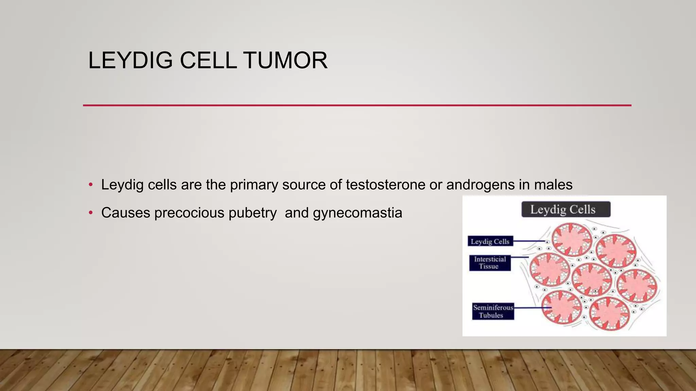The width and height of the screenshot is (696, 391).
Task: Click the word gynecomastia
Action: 358,213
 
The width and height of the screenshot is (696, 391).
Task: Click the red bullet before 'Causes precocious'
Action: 90,213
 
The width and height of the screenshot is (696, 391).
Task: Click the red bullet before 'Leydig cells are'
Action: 90,185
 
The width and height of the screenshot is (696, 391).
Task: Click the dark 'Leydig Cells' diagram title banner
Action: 566,209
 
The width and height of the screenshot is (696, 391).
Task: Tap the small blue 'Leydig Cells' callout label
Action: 490,241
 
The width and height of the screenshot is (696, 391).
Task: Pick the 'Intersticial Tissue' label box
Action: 490,263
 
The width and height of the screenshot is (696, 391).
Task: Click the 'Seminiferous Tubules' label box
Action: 493,311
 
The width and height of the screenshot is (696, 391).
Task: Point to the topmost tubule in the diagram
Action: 572,240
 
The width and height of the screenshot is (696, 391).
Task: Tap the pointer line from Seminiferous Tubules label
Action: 532,308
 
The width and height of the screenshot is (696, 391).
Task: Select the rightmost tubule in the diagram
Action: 637,286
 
